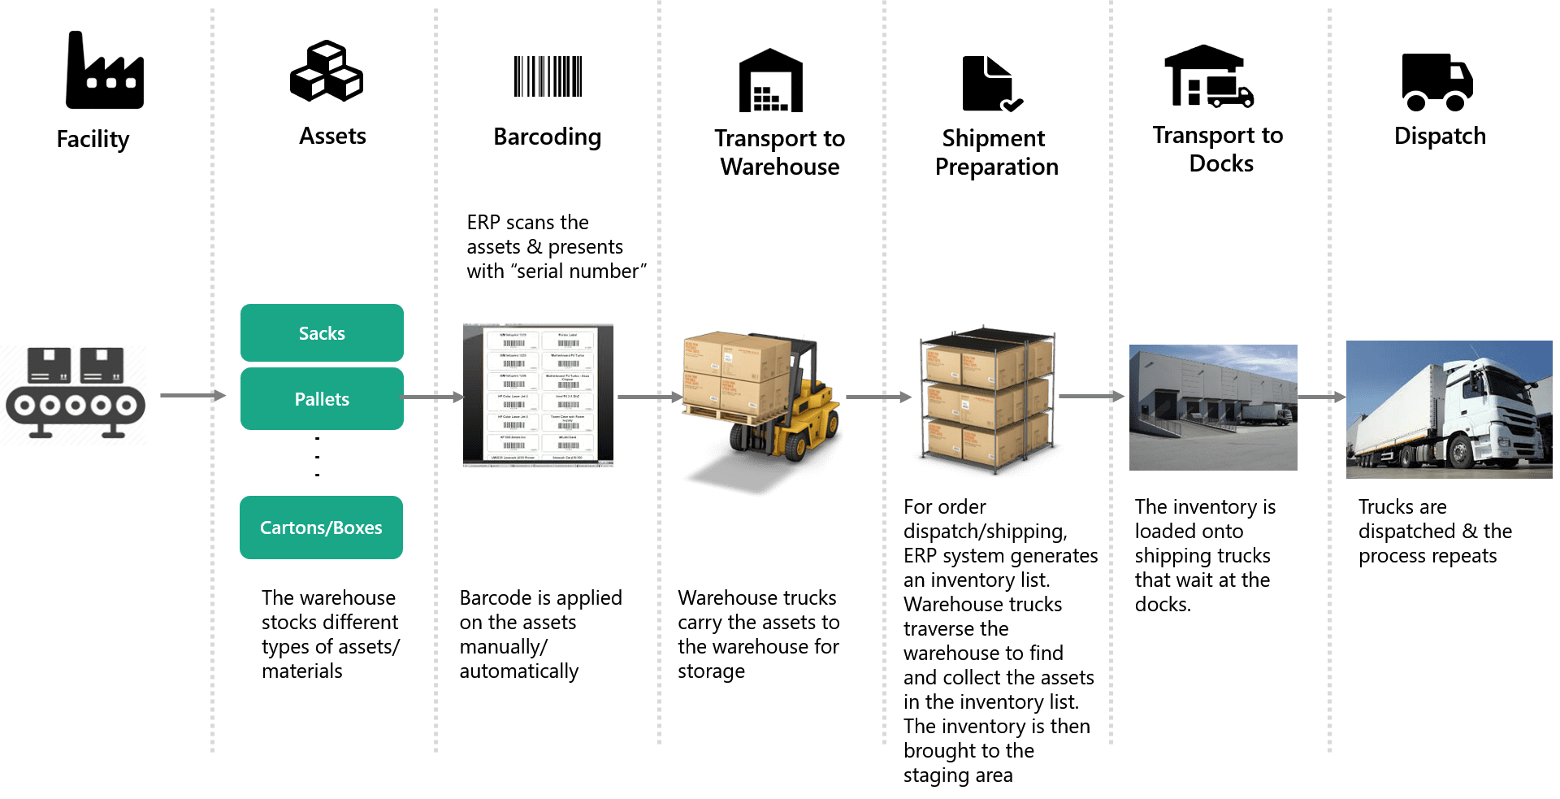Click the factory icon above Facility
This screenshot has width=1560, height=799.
click(105, 72)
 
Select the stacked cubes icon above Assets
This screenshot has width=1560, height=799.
click(327, 72)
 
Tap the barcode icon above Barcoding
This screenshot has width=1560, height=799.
click(548, 76)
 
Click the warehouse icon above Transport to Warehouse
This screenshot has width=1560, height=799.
click(770, 80)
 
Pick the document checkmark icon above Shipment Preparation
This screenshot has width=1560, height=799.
click(990, 84)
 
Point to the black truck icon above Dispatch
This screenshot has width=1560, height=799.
click(1437, 81)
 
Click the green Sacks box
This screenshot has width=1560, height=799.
click(322, 333)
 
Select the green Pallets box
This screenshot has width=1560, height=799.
click(322, 399)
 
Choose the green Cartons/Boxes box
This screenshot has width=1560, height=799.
click(321, 528)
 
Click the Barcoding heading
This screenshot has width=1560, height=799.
click(547, 137)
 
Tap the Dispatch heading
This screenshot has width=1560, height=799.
click(1440, 136)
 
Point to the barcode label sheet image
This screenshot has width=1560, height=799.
click(538, 395)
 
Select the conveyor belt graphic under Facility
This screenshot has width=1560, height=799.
click(74, 396)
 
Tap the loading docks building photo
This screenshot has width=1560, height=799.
click(1213, 407)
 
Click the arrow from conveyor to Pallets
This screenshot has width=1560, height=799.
click(192, 396)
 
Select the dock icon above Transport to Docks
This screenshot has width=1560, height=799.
click(1209, 76)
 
